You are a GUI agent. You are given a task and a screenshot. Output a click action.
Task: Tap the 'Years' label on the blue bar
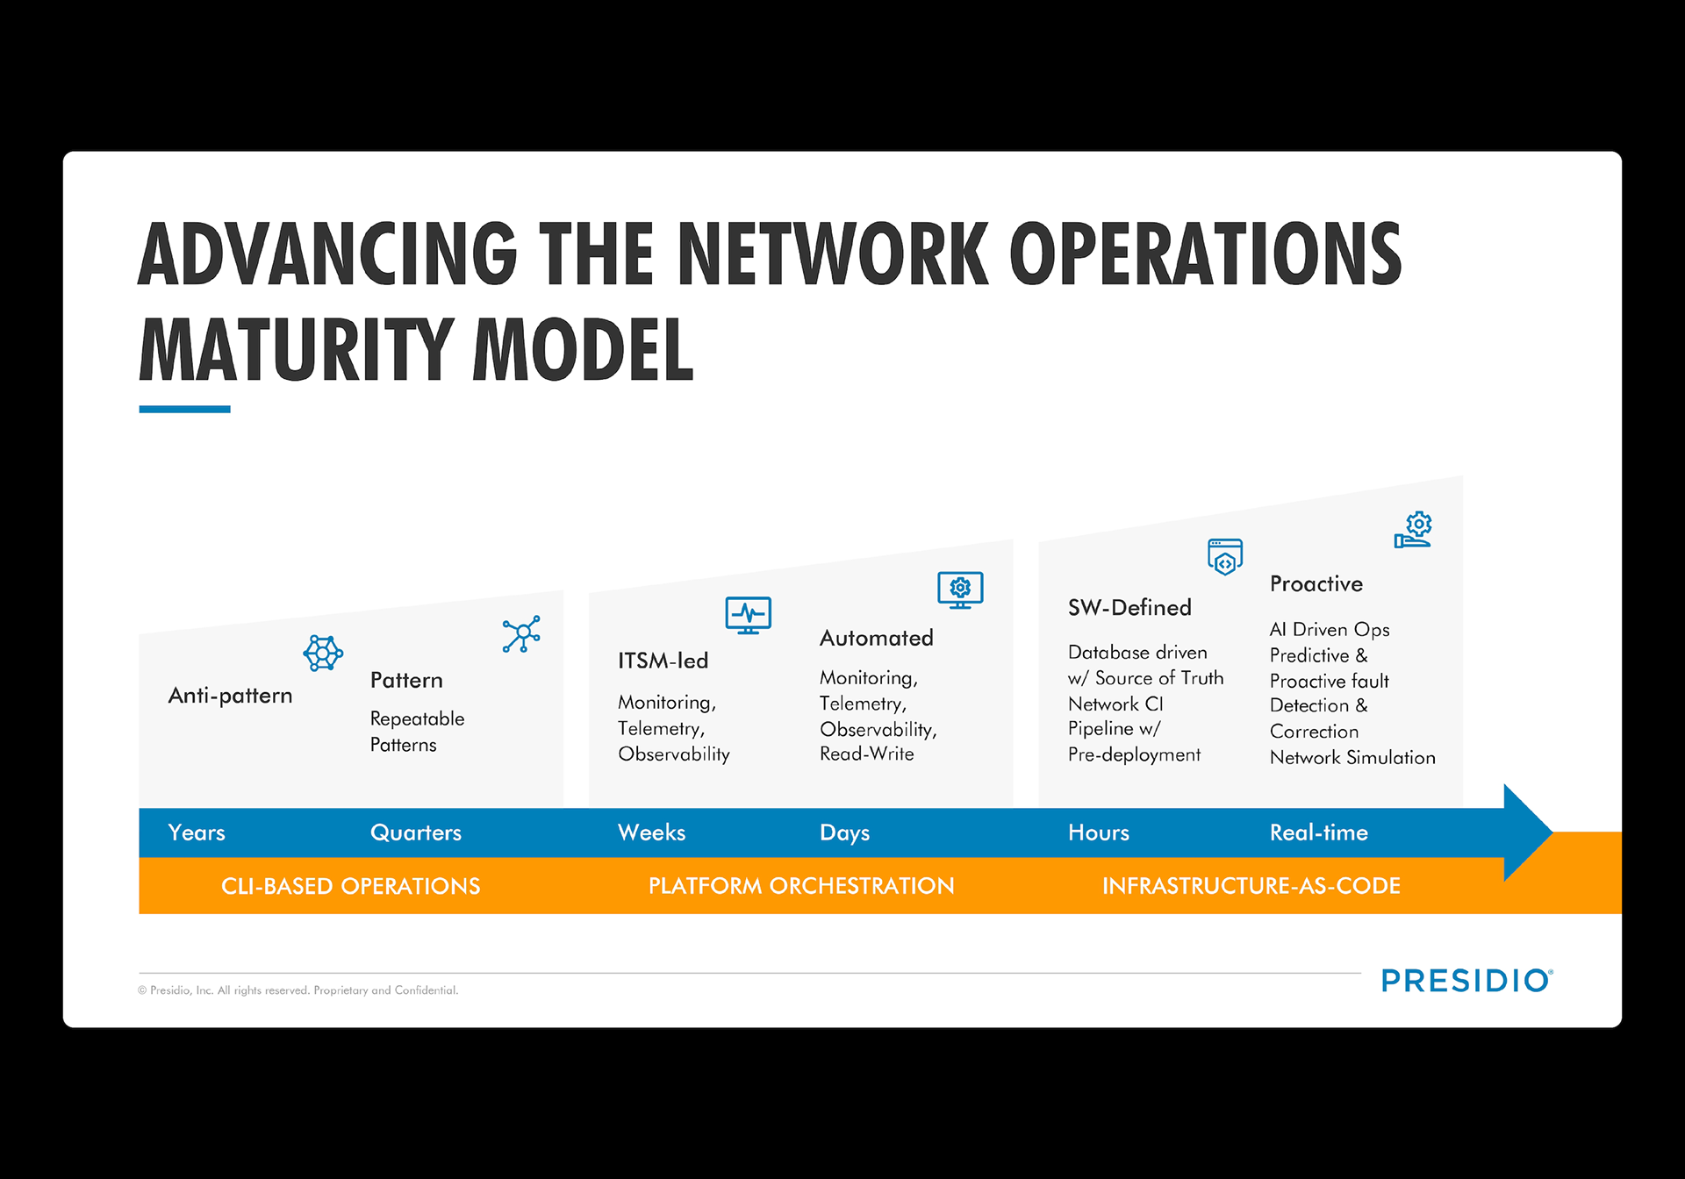coord(197,832)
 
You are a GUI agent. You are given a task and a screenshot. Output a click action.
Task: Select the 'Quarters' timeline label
coord(415,832)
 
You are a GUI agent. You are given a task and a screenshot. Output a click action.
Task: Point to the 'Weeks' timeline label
coord(651,832)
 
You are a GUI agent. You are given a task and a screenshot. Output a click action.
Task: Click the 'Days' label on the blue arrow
coord(844,832)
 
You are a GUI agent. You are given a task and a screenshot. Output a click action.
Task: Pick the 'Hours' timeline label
coord(1098,832)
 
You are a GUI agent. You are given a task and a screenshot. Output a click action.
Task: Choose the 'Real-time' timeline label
coord(1318,832)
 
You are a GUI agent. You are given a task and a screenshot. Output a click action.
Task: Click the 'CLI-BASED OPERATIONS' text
coord(350,886)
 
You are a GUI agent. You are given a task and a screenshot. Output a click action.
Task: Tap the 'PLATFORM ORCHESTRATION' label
coord(800,886)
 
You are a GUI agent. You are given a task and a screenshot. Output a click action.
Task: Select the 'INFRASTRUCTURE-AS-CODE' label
coord(1251,886)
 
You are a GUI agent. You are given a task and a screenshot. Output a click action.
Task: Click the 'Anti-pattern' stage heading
coord(230,696)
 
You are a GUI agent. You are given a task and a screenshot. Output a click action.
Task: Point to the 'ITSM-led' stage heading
coord(663,661)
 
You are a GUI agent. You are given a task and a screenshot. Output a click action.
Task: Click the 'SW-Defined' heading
coord(1129,607)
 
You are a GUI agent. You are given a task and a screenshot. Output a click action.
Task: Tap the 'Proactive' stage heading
coord(1316,584)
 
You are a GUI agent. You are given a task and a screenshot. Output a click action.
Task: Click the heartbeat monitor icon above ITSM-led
coord(748,615)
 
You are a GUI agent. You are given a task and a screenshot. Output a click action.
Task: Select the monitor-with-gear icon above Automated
coord(960,589)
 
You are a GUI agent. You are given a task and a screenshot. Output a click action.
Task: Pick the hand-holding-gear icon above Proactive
coord(1414,530)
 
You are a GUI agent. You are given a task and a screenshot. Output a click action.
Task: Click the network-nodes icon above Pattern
coord(521,633)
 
